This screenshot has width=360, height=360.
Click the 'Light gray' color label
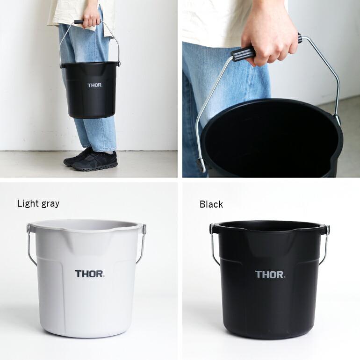(38, 203)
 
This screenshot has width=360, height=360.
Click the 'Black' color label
(211, 204)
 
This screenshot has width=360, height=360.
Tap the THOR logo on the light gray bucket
(90, 274)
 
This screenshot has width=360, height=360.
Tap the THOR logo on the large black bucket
(270, 274)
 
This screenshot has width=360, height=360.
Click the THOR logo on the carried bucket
(94, 85)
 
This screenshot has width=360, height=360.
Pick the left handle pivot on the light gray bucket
(29, 229)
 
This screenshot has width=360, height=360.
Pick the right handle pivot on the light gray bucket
(144, 229)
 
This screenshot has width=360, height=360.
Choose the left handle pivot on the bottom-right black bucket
(211, 229)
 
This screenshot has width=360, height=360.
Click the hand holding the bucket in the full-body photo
(92, 18)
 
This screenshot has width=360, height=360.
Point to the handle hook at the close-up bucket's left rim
(202, 164)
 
